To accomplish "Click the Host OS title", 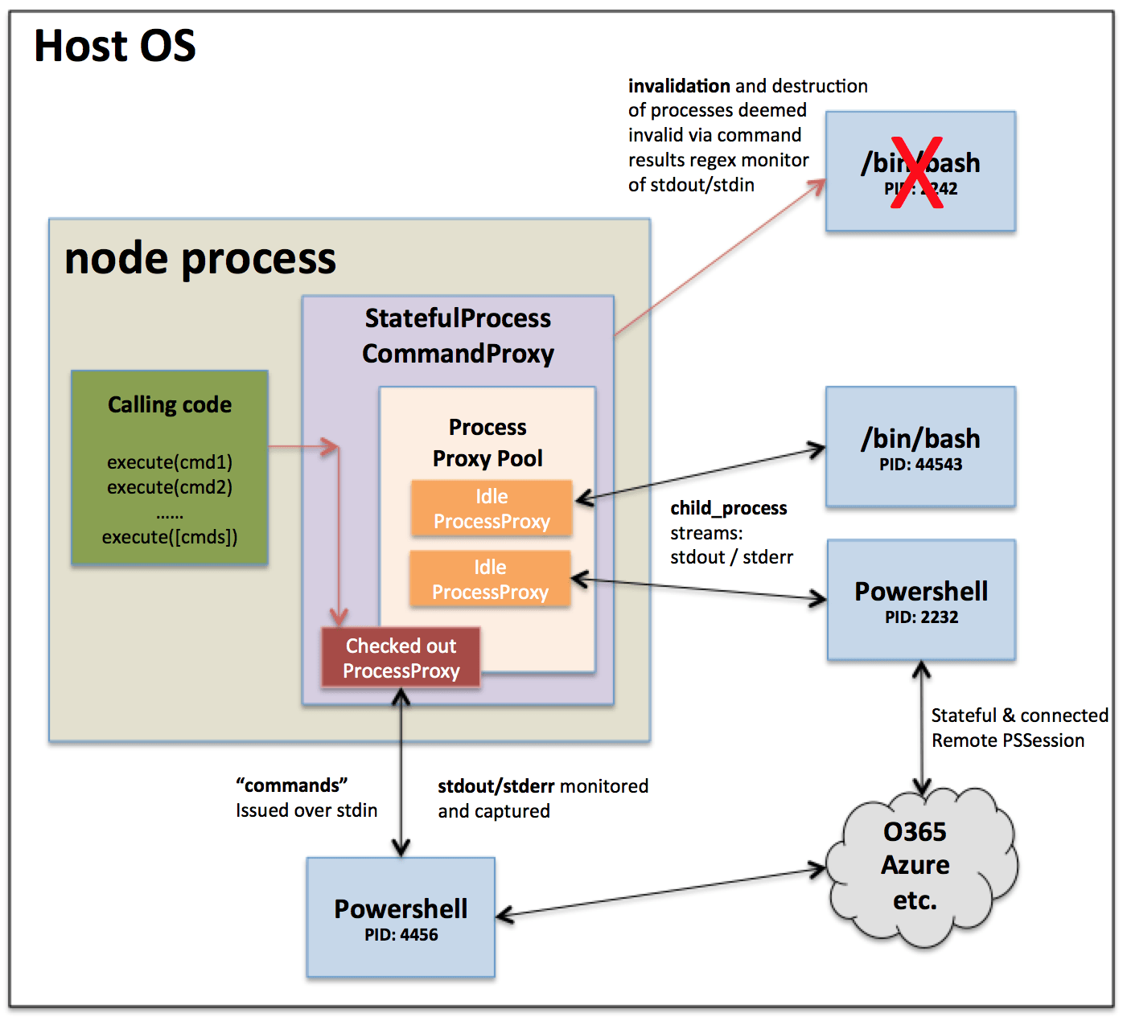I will (115, 46).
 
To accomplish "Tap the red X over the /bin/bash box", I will (917, 173).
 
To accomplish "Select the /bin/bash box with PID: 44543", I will (920, 447).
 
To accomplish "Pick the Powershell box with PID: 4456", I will (401, 917).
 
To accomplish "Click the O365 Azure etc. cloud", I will (917, 866).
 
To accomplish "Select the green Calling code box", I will (170, 467).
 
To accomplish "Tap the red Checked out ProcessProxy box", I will (401, 658).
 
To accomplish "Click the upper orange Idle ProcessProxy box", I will (492, 509).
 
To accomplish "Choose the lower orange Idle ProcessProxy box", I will (490, 580).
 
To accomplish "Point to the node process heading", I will (200, 259).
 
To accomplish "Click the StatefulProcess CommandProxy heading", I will (458, 336).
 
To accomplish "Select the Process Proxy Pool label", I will (487, 442).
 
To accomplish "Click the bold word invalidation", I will (679, 86).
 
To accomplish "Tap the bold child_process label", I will (728, 508).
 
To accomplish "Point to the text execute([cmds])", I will (170, 537).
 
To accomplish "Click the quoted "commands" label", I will (291, 785).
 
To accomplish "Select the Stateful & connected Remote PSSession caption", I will (1018, 728).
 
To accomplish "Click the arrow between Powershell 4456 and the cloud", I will (660, 892).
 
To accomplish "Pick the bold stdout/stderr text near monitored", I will (496, 786).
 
